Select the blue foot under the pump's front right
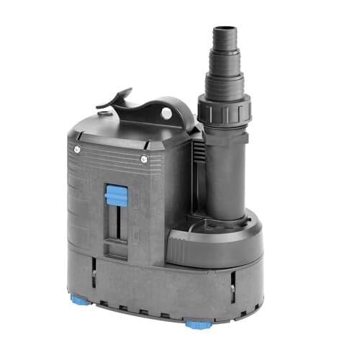coord(194,325)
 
